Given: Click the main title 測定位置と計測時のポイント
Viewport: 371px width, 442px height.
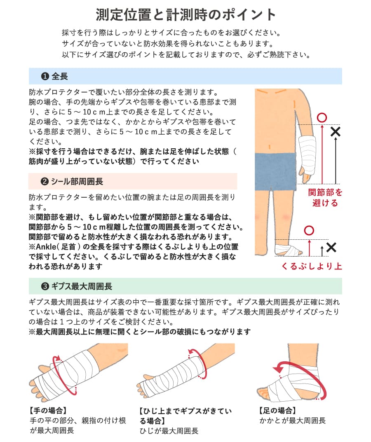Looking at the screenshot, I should pyautogui.click(x=185, y=14).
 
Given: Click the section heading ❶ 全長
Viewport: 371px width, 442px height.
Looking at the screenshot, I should pyautogui.click(x=54, y=76).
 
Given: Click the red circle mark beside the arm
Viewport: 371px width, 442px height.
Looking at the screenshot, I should pyautogui.click(x=322, y=118).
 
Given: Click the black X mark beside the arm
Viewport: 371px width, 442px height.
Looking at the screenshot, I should pyautogui.click(x=336, y=132).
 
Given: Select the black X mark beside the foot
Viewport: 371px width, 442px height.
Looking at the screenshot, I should pyautogui.click(x=331, y=247).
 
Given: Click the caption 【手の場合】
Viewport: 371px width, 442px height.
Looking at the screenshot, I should pyautogui.click(x=48, y=410).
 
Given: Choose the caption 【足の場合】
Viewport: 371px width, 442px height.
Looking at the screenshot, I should pyautogui.click(x=277, y=410).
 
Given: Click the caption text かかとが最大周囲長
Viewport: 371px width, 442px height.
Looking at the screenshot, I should pyautogui.click(x=292, y=421).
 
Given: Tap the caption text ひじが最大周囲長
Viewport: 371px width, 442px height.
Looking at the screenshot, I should pyautogui.click(x=169, y=431).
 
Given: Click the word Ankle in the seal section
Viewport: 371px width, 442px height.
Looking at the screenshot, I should pyautogui.click(x=45, y=246).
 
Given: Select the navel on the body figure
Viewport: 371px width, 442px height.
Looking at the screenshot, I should pyautogui.click(x=270, y=146).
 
